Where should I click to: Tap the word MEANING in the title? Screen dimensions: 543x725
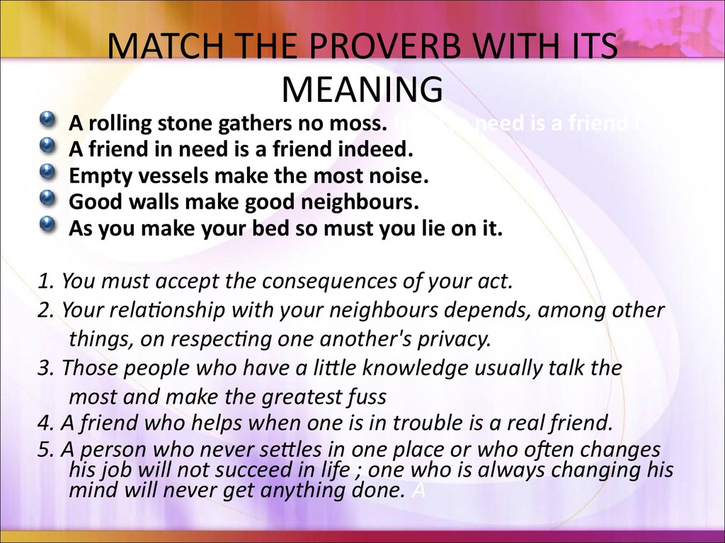pyautogui.click(x=362, y=89)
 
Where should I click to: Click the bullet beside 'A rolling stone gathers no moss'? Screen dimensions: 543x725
pyautogui.click(x=47, y=119)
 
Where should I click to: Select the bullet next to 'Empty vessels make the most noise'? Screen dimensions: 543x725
pyautogui.click(x=47, y=173)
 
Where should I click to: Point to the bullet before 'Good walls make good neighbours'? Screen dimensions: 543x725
pyautogui.click(x=47, y=199)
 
